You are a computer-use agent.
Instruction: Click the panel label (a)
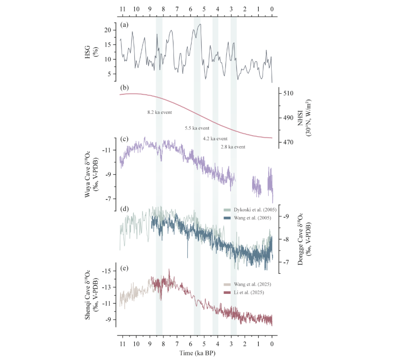coord(124,24)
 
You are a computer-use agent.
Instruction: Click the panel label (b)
coord(124,88)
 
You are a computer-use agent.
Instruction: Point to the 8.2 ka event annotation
coord(159,112)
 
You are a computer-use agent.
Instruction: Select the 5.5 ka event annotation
coord(197,128)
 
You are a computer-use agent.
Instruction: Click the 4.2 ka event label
coord(215,138)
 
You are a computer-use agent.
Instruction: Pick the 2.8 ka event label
coord(233,147)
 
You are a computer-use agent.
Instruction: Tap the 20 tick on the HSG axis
coord(108,30)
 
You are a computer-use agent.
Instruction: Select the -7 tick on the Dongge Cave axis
coord(288,262)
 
